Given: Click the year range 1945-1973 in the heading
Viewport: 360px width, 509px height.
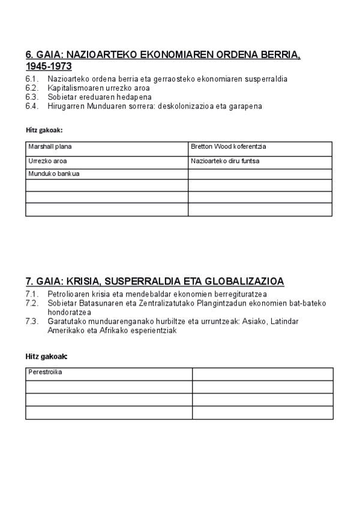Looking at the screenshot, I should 49,66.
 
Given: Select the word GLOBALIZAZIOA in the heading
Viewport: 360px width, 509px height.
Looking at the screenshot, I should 245,281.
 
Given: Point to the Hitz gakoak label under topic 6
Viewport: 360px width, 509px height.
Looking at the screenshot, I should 44,130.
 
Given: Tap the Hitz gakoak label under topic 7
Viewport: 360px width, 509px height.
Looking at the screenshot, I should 46,357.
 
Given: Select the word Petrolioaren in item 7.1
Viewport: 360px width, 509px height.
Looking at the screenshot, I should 69,294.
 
